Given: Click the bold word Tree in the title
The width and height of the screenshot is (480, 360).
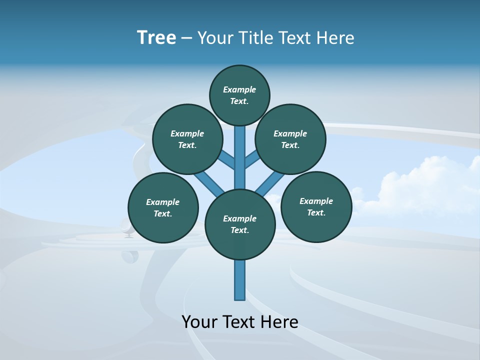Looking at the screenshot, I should click(156, 37).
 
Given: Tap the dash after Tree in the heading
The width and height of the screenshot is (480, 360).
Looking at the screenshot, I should click(186, 38).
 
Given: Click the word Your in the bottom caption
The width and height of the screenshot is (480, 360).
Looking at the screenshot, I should click(199, 322).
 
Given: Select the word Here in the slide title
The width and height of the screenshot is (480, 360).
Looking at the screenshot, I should click(335, 38).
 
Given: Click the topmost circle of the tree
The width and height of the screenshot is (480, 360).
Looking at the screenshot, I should click(239, 95).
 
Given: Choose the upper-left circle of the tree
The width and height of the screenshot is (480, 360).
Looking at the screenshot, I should click(187, 139).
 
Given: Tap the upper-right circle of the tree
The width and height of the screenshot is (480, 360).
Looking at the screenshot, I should click(290, 139).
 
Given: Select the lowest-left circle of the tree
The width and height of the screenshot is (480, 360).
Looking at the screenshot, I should click(163, 207).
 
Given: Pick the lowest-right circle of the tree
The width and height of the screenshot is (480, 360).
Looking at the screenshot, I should click(316, 206).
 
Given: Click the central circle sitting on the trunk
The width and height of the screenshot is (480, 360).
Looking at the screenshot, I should click(240, 224).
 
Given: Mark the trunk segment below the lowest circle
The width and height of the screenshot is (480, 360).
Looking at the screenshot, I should click(240, 280).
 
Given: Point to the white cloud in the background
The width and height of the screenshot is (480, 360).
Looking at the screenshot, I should click(425, 187).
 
